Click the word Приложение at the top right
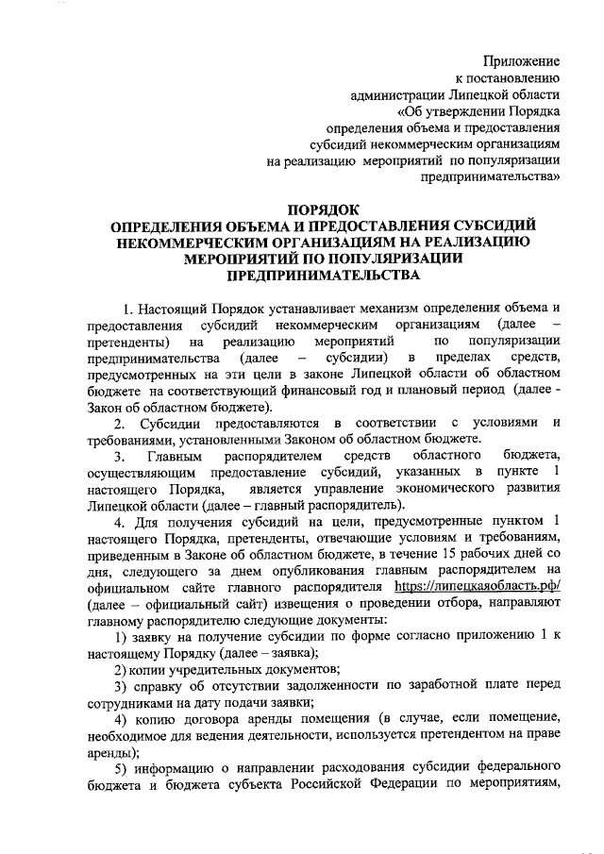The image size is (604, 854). (524, 60)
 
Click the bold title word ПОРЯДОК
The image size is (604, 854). (324, 209)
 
